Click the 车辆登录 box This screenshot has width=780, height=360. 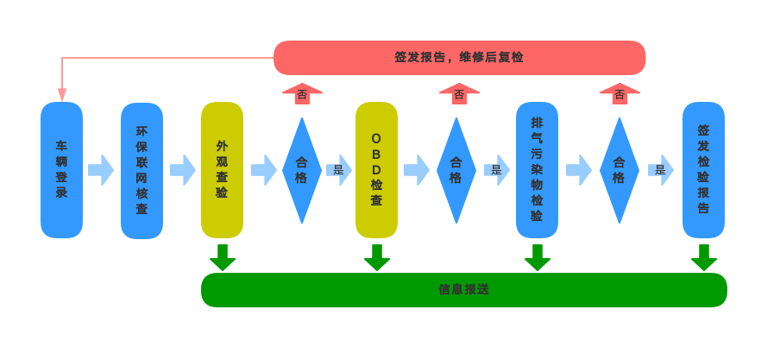point(61,169)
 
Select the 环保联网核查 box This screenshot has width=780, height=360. point(142,170)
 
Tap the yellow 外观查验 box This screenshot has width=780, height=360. point(222,169)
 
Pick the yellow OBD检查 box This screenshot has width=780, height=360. point(376,169)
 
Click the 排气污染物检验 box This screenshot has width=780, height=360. point(537,169)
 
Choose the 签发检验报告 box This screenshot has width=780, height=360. point(703,169)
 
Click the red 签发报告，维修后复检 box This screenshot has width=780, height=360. point(459,57)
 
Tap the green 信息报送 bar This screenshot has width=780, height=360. point(463,289)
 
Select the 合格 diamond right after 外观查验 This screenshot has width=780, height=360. point(301,170)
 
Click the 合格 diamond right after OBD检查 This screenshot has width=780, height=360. point(456,170)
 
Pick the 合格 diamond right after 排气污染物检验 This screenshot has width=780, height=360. point(619,170)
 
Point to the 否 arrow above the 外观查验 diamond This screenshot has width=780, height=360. point(302,93)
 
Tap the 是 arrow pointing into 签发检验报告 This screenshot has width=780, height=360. point(661,170)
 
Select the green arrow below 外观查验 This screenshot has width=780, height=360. point(222,257)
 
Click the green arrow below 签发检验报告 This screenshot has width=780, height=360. point(703,257)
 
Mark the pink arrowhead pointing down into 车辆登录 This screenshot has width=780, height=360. point(61,95)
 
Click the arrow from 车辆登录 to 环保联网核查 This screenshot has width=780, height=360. point(101,170)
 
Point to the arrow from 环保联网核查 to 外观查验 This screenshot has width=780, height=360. point(182,170)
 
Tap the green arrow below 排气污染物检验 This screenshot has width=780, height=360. point(537,257)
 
